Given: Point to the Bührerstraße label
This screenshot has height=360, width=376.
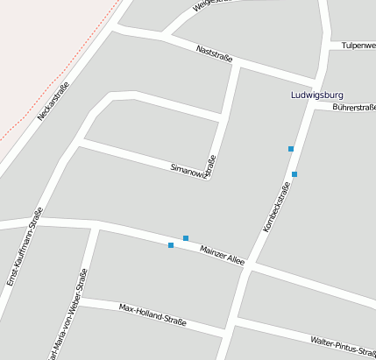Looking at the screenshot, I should click(354, 107).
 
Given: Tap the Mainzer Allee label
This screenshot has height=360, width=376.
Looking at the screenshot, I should click(222, 253).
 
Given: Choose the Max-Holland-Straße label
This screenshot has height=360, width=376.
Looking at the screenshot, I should click(153, 314).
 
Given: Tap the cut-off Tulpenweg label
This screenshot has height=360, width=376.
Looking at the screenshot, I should click(358, 45).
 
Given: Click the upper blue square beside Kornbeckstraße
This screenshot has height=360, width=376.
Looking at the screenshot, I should click(291, 149).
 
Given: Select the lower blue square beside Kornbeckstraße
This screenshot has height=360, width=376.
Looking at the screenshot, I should click(294, 174).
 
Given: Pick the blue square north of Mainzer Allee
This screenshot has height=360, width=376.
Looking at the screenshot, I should click(186, 238).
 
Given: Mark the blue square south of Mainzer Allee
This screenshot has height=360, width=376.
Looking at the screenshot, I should click(171, 245).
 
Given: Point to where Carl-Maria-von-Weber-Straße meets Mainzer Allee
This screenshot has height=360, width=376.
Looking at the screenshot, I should click(96, 227).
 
